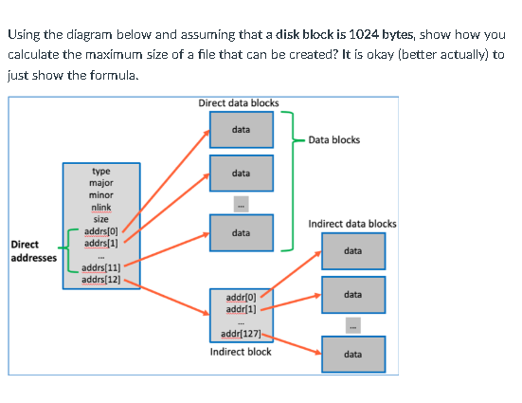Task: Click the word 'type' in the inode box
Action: pos(100,173)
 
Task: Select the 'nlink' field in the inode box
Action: pos(100,207)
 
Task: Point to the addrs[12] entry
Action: pos(101,279)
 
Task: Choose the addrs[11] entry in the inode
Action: pos(101,268)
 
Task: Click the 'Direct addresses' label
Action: pos(32,250)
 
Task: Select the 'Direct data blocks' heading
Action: pos(239,102)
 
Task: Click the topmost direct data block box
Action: pos(241,129)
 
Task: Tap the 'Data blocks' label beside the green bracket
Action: pos(334,140)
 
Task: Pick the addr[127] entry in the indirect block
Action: pos(239,334)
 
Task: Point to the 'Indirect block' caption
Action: pos(241,352)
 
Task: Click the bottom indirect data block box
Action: pos(352,354)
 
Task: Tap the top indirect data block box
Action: pos(352,251)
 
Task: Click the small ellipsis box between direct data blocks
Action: pos(241,202)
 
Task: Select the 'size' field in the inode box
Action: pos(100,219)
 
